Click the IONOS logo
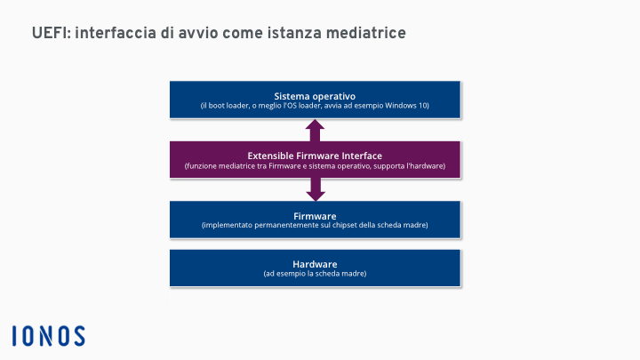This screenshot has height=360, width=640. point(49,335)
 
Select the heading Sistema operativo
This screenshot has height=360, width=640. point(315,96)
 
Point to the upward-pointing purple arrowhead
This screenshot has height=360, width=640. point(315,125)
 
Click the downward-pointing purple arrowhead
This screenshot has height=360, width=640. point(315,196)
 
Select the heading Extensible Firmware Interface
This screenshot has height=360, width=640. point(315,156)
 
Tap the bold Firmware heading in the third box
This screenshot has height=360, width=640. point(315,216)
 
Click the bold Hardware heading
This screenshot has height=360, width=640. point(315,264)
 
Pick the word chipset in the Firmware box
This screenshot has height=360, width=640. point(344,225)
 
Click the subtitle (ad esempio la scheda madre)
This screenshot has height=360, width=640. point(315,274)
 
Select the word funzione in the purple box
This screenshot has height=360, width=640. point(201,166)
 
